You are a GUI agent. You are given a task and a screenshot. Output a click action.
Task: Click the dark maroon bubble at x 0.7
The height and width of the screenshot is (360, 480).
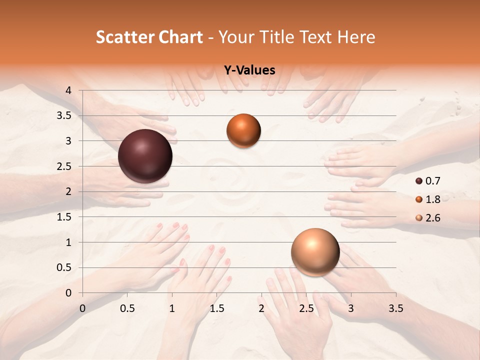[145, 156]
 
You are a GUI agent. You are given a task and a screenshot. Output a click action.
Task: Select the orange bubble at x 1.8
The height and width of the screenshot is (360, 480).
[243, 130]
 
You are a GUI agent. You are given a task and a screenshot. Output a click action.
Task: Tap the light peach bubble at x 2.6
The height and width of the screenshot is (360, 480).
[315, 252]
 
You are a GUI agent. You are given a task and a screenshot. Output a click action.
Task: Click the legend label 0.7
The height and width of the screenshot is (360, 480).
[433, 181]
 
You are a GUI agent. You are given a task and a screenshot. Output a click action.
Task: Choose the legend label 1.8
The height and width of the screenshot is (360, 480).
[433, 199]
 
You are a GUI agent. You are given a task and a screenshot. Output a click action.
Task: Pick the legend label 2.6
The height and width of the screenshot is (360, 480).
[433, 218]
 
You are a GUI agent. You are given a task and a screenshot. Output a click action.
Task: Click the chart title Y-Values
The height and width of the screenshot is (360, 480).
[249, 70]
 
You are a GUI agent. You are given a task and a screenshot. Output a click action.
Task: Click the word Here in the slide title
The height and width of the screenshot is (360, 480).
[355, 37]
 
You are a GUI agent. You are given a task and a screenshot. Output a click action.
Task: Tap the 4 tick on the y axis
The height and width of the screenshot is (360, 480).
[69, 90]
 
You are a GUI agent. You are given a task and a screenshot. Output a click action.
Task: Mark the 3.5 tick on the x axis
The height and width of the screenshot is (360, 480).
[395, 308]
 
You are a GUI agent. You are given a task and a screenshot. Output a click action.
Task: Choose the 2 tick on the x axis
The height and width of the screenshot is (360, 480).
[261, 308]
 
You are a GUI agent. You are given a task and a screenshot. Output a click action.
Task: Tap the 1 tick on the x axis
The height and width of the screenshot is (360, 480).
[172, 308]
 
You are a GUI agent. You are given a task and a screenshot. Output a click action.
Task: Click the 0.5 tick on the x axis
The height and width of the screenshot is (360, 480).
[127, 308]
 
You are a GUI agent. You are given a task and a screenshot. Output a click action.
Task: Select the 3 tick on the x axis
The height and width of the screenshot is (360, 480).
[350, 308]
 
